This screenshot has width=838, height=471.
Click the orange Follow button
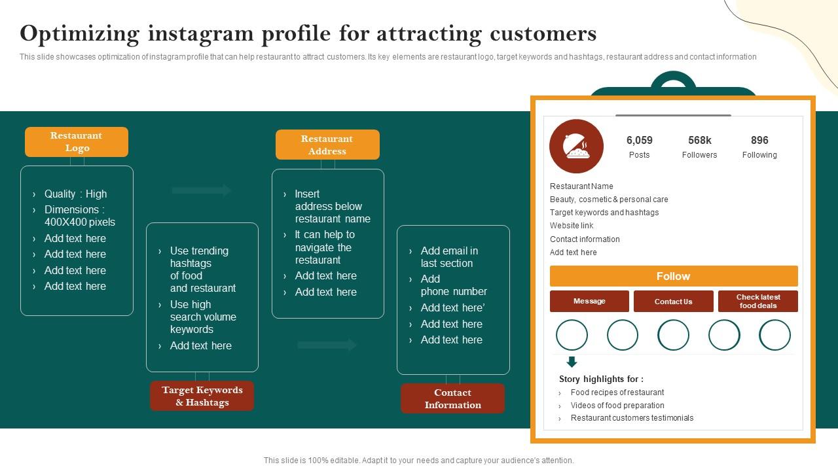point(674,276)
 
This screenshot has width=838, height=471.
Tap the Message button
point(589,302)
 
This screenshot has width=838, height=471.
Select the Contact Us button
point(673,302)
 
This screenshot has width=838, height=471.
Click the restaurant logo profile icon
point(576,147)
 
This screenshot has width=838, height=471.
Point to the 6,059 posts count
point(639,141)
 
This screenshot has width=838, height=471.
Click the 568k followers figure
point(699,141)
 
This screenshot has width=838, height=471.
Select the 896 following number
point(759,141)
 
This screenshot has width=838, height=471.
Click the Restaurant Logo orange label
point(77,142)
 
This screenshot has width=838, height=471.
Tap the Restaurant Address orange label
point(327,145)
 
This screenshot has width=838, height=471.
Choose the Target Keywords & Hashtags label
point(202,396)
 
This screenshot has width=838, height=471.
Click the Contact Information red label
point(452,398)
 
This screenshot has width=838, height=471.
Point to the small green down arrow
point(572,362)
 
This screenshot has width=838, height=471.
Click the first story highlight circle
point(572,335)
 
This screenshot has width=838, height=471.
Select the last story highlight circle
point(774,335)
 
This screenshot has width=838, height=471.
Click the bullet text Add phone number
point(453,285)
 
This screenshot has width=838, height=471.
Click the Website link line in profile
point(572,226)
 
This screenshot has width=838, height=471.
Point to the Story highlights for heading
point(601,379)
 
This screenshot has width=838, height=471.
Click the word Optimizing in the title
point(80,33)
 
